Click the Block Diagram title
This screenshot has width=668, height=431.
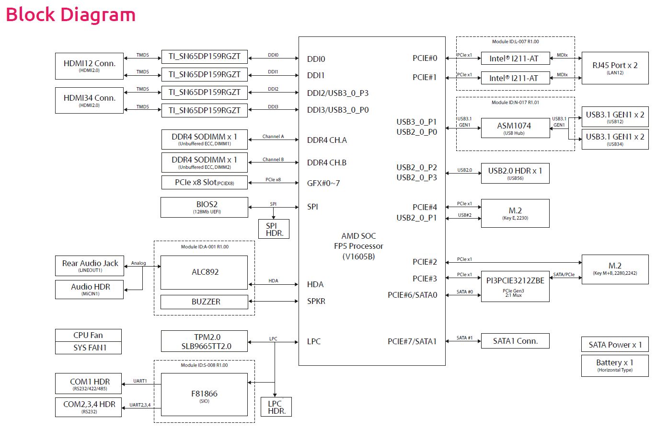[70, 15]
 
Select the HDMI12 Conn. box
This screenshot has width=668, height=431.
[89, 66]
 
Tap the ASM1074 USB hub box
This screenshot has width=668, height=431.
[515, 128]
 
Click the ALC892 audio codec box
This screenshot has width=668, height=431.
[205, 272]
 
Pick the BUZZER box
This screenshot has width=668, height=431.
[205, 302]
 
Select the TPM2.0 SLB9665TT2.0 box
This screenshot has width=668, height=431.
[205, 341]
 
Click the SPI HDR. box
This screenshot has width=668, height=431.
[274, 229]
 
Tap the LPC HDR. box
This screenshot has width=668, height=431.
[276, 407]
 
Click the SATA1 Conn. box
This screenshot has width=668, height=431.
[515, 341]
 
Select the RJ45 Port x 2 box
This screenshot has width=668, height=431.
[614, 68]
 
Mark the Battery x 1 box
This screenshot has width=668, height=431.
[614, 365]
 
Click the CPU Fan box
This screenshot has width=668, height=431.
[88, 335]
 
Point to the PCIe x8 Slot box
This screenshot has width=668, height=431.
[205, 183]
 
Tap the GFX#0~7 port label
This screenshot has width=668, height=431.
[323, 183]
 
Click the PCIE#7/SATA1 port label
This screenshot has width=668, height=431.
[412, 341]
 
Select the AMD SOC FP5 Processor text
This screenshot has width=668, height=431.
[358, 246]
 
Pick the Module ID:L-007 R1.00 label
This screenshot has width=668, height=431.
[515, 42]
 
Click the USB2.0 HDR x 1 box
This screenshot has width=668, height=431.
[515, 173]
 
